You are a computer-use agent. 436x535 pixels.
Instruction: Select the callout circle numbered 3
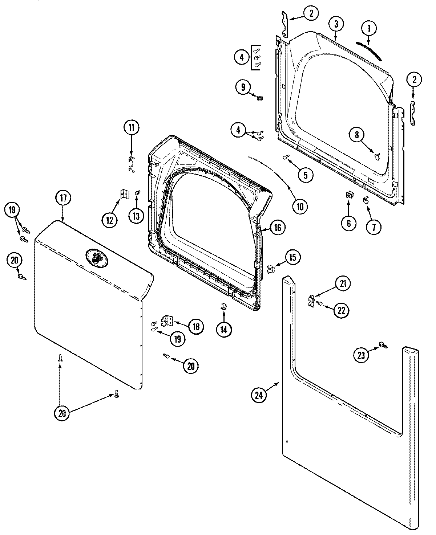click(x=336, y=24)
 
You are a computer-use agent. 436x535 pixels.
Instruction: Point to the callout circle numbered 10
click(x=302, y=206)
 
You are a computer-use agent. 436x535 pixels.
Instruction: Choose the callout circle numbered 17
click(x=63, y=198)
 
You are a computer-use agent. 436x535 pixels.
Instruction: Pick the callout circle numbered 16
click(x=277, y=228)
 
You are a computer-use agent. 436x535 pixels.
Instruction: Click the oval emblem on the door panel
click(x=96, y=258)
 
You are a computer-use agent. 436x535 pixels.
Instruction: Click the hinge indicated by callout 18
click(x=167, y=320)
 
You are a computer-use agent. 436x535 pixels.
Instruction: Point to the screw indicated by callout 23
click(x=383, y=345)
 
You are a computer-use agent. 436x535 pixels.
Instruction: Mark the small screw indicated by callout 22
click(x=319, y=303)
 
